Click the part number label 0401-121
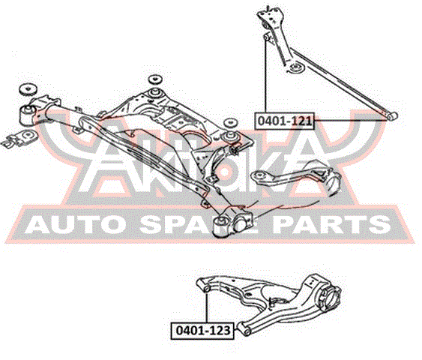click(x=284, y=121)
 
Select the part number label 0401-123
click(x=202, y=331)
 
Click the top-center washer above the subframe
click(x=154, y=79)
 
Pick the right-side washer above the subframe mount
click(x=230, y=123)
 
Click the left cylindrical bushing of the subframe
click(x=27, y=115)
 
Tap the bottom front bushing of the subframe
click(x=221, y=226)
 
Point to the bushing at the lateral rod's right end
click(x=392, y=116)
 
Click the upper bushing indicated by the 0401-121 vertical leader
click(x=266, y=36)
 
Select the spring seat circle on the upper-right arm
click(x=296, y=67)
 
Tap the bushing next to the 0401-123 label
click(x=244, y=329)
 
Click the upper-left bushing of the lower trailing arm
click(x=206, y=289)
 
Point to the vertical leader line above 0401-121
click(x=265, y=76)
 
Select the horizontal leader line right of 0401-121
click(x=350, y=120)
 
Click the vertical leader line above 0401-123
click(x=207, y=307)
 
